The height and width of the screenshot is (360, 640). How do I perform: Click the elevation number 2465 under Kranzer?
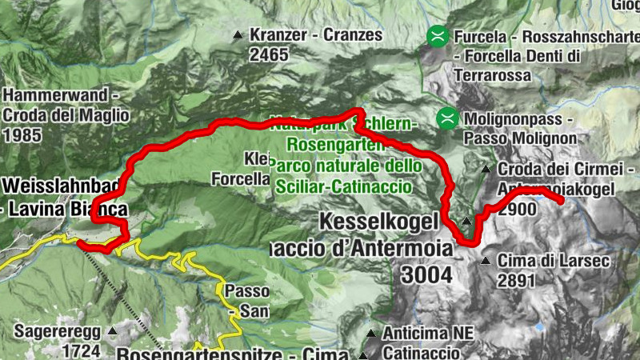(x=268, y=54)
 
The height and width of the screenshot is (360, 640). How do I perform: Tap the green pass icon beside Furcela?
(x=437, y=35)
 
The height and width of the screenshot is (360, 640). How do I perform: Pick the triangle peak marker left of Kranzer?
(x=238, y=35)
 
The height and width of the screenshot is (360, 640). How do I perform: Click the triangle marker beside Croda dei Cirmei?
(x=486, y=169)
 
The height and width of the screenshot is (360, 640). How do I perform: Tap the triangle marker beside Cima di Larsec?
(x=486, y=261)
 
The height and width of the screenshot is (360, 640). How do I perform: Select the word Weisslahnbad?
(x=61, y=187)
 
